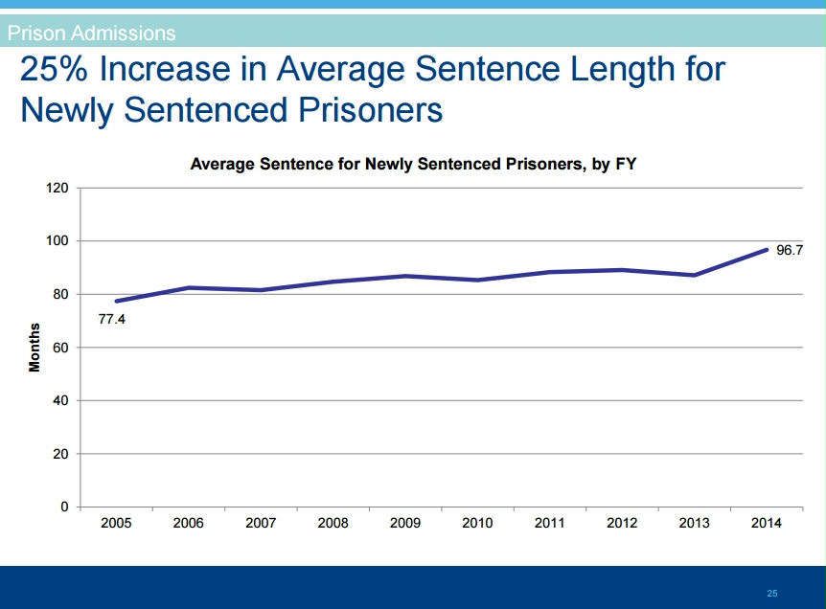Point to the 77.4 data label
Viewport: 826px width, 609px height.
[x=112, y=319]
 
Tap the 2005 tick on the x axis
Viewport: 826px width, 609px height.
[x=116, y=523]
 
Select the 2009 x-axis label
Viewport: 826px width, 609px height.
[x=405, y=523]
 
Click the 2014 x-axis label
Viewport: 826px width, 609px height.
[x=766, y=523]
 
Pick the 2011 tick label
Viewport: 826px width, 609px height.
[x=550, y=523]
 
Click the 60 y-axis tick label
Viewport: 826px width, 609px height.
[x=60, y=348]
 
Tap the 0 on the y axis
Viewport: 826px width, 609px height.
[x=64, y=507]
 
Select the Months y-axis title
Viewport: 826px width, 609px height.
[x=34, y=348]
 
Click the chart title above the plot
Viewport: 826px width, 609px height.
[x=413, y=165]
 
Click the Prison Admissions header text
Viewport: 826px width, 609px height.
[x=91, y=34]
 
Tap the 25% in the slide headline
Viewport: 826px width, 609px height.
[x=57, y=70]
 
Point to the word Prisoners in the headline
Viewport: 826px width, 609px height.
[x=366, y=110]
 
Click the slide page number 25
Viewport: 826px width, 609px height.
[x=772, y=594]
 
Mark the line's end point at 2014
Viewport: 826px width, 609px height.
[x=766, y=250]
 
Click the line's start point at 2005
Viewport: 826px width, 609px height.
[x=116, y=301]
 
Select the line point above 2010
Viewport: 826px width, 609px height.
[x=477, y=280]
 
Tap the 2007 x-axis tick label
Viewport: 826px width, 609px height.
[x=261, y=523]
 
